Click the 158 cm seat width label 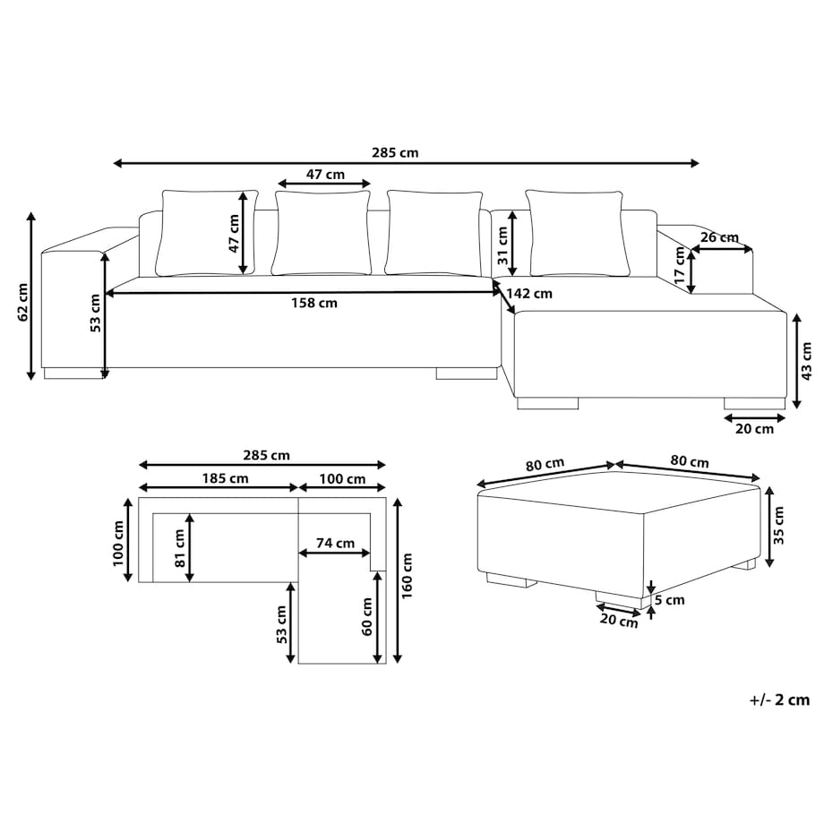coord(314,304)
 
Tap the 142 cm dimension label coord(529,294)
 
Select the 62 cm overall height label coord(22,303)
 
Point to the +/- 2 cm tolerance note coord(779,700)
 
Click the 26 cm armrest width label coord(719,237)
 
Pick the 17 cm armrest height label coord(680,266)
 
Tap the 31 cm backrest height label coord(502,245)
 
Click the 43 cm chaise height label coord(807,361)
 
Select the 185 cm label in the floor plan coord(225,479)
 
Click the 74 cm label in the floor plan coord(335,544)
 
